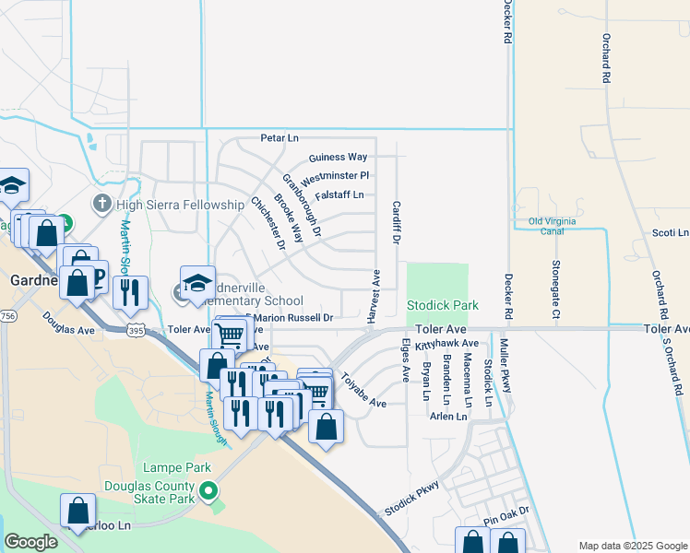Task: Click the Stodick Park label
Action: [443, 305]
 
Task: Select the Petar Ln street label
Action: [280, 138]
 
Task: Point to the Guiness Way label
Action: [338, 158]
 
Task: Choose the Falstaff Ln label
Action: [339, 194]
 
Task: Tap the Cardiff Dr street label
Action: [396, 222]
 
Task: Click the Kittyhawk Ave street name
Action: [446, 345]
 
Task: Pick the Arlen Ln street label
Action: [448, 417]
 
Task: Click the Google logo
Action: [30, 542]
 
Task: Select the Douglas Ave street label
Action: [68, 323]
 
